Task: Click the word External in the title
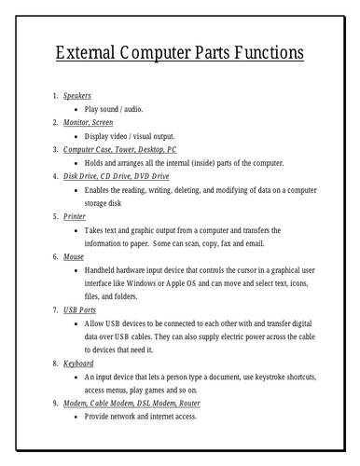pyautogui.click(x=94, y=52)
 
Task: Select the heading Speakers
pyautogui.click(x=77, y=95)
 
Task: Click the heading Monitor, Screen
pyautogui.click(x=88, y=122)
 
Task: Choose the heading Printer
pyautogui.click(x=75, y=215)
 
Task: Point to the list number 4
pyautogui.click(x=54, y=175)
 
